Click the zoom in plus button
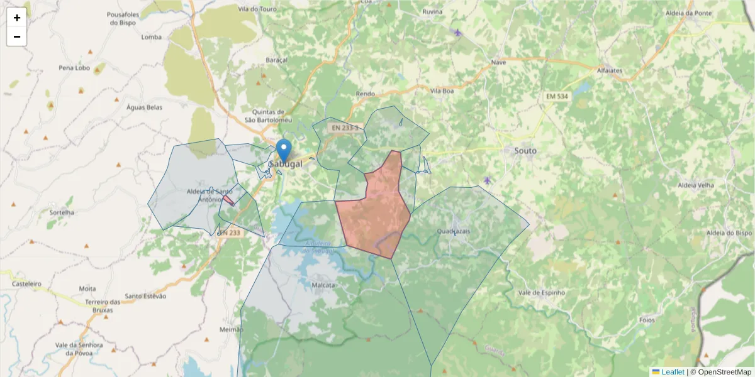click(x=17, y=18)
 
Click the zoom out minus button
click(x=17, y=36)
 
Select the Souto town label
click(x=525, y=151)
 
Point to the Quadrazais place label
click(x=454, y=231)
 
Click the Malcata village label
click(x=323, y=285)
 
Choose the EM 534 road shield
click(x=557, y=96)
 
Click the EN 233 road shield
click(x=230, y=232)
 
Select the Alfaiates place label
click(x=609, y=70)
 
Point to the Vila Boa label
click(x=442, y=90)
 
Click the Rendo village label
click(x=366, y=94)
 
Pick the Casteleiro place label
click(x=26, y=284)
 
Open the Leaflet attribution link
click(x=672, y=372)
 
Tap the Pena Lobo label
click(x=74, y=67)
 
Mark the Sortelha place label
click(x=61, y=212)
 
